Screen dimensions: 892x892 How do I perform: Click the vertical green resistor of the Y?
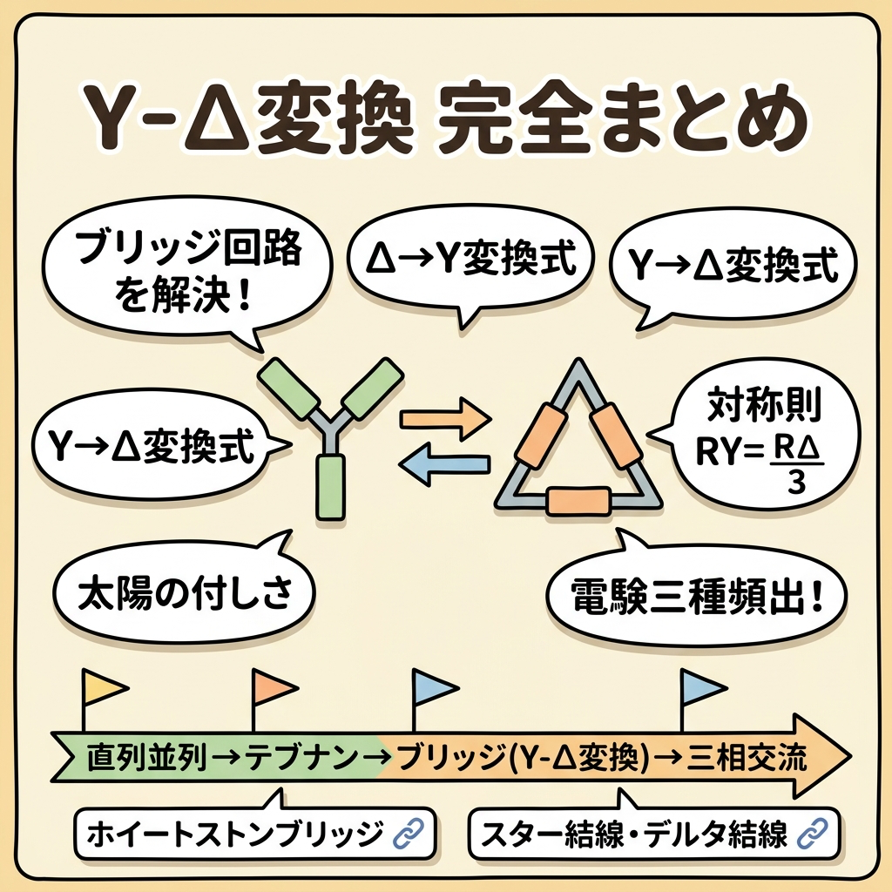pyautogui.click(x=331, y=484)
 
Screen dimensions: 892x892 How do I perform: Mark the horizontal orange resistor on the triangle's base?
pyautogui.click(x=576, y=503)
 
